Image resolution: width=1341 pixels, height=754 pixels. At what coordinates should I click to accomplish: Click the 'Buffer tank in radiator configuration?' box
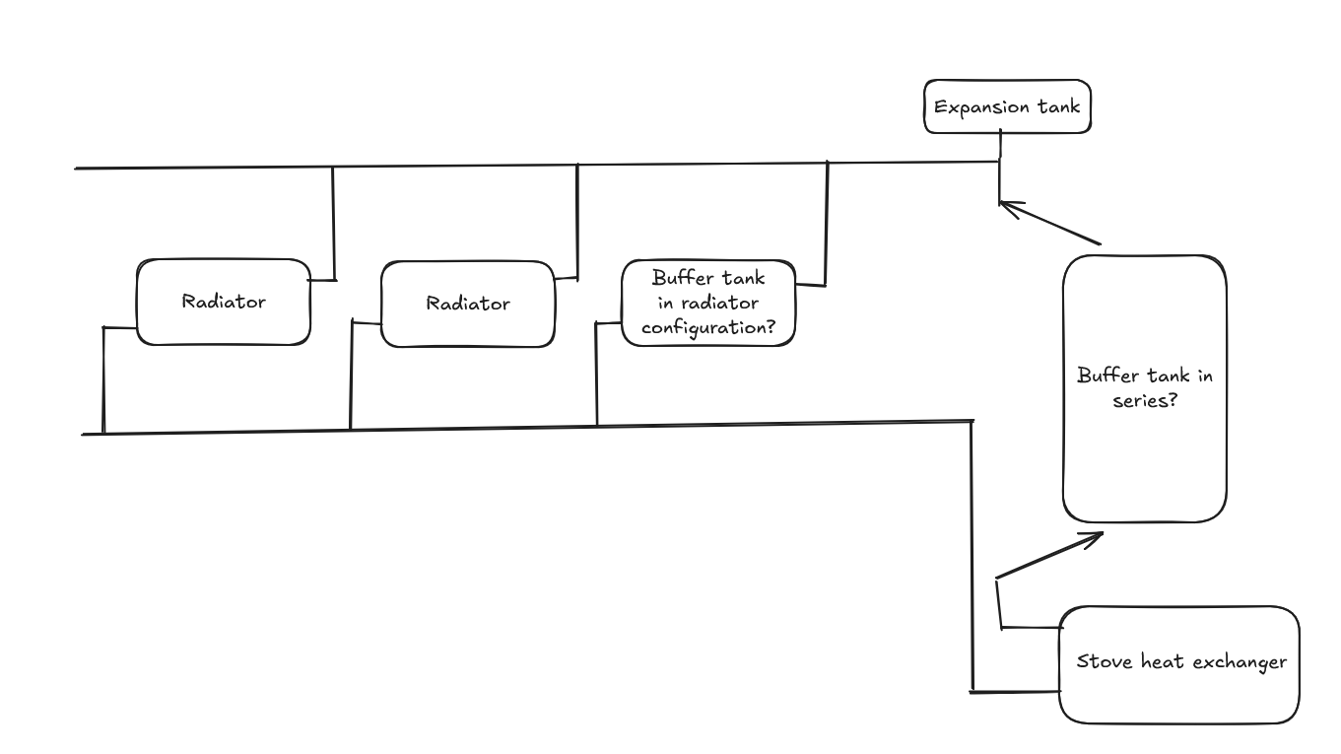(x=707, y=304)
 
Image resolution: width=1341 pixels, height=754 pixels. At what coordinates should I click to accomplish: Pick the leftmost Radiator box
(x=223, y=302)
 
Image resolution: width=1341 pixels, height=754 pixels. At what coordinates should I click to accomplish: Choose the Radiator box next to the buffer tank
(x=467, y=304)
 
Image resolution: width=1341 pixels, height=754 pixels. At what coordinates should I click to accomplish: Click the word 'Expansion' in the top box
(x=978, y=107)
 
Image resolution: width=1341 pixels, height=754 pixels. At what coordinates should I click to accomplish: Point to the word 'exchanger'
(x=1240, y=661)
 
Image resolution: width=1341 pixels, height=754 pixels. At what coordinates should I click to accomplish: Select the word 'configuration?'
(x=707, y=328)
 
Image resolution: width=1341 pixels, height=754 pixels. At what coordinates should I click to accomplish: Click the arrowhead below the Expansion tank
(x=1003, y=204)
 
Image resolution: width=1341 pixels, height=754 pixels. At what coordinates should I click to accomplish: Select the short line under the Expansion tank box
(x=1000, y=146)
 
